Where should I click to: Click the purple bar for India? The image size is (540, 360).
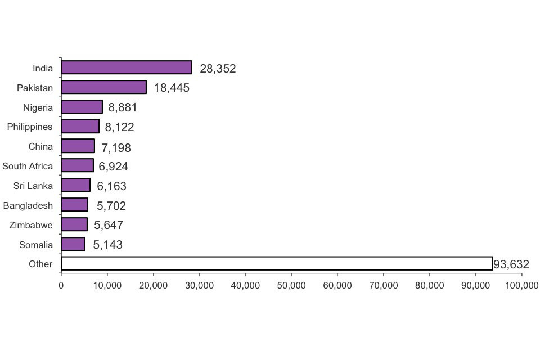click(x=127, y=67)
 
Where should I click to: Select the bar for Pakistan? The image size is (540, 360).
click(x=103, y=87)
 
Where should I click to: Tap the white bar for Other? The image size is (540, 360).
click(x=277, y=263)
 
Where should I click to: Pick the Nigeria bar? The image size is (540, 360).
click(x=82, y=107)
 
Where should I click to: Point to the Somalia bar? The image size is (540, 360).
click(x=73, y=244)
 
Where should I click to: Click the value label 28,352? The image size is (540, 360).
click(x=218, y=69)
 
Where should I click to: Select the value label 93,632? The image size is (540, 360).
click(x=511, y=264)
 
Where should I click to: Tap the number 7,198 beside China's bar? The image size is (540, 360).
click(x=116, y=147)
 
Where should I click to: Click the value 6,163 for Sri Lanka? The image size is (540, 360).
click(x=111, y=186)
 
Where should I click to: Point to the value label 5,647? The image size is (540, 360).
click(x=109, y=226)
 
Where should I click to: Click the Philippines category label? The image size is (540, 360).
click(x=30, y=127)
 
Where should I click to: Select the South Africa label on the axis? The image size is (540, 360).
click(x=28, y=166)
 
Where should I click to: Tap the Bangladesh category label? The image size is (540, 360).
click(x=28, y=205)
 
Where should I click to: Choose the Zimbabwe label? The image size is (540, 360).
click(x=31, y=225)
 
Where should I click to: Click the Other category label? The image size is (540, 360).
click(x=40, y=264)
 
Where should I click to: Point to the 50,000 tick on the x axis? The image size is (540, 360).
click(x=291, y=286)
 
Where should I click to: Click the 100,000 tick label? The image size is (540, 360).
click(x=521, y=286)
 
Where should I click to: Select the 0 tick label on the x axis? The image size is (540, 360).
click(x=61, y=286)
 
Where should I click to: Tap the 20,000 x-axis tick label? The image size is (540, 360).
click(x=153, y=286)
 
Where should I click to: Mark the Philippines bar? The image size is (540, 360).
click(x=80, y=127)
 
